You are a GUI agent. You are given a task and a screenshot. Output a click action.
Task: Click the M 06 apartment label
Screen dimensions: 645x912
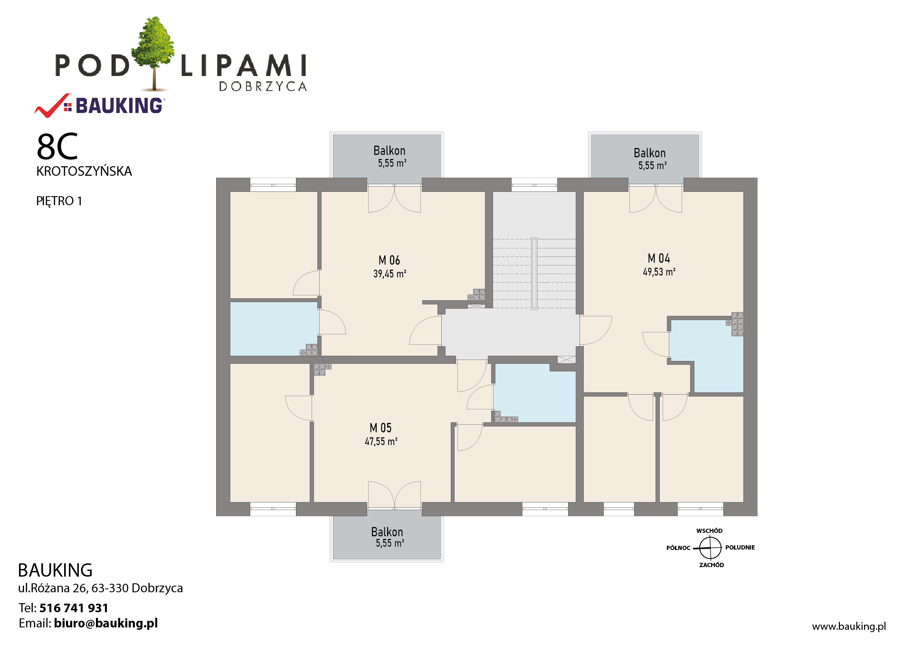pos(389,260)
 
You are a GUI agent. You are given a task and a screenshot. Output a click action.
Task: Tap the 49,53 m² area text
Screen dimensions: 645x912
pos(659,272)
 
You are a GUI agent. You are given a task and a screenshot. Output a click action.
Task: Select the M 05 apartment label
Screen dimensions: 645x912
pos(380,428)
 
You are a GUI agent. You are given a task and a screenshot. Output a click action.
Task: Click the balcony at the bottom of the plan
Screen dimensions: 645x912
pos(387,537)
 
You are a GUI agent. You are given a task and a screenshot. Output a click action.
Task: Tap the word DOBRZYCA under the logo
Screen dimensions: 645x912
pos(263,86)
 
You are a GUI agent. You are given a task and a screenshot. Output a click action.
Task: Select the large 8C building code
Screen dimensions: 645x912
pos(57,147)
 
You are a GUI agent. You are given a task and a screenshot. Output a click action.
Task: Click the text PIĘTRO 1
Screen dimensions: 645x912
pos(59,201)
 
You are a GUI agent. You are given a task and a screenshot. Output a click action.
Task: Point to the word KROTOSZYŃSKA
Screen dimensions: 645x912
pos(84,171)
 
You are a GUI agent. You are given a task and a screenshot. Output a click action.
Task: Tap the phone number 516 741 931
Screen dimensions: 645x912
pos(74,608)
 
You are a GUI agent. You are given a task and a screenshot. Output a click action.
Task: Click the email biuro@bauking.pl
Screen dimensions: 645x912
pos(105,623)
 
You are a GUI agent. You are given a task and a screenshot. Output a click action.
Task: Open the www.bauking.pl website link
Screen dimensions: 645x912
pos(849,626)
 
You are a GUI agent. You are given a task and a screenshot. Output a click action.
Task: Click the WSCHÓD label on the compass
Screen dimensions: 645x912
pos(709,531)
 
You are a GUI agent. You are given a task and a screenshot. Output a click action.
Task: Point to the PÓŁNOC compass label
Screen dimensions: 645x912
pos(678,548)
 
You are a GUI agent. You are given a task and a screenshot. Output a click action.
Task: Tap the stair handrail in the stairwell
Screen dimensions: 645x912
pos(534,273)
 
